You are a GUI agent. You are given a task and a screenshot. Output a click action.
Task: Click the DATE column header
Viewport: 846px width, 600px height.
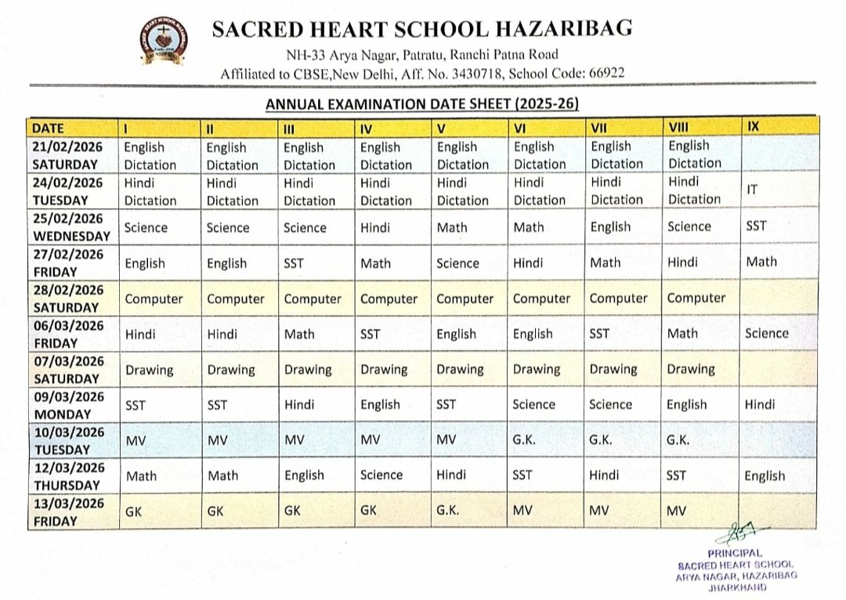click(x=49, y=128)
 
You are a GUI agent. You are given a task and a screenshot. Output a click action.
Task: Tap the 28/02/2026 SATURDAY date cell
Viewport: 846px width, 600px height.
click(x=68, y=298)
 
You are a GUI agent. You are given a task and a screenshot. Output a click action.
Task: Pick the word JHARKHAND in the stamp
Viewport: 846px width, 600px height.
click(x=736, y=587)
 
